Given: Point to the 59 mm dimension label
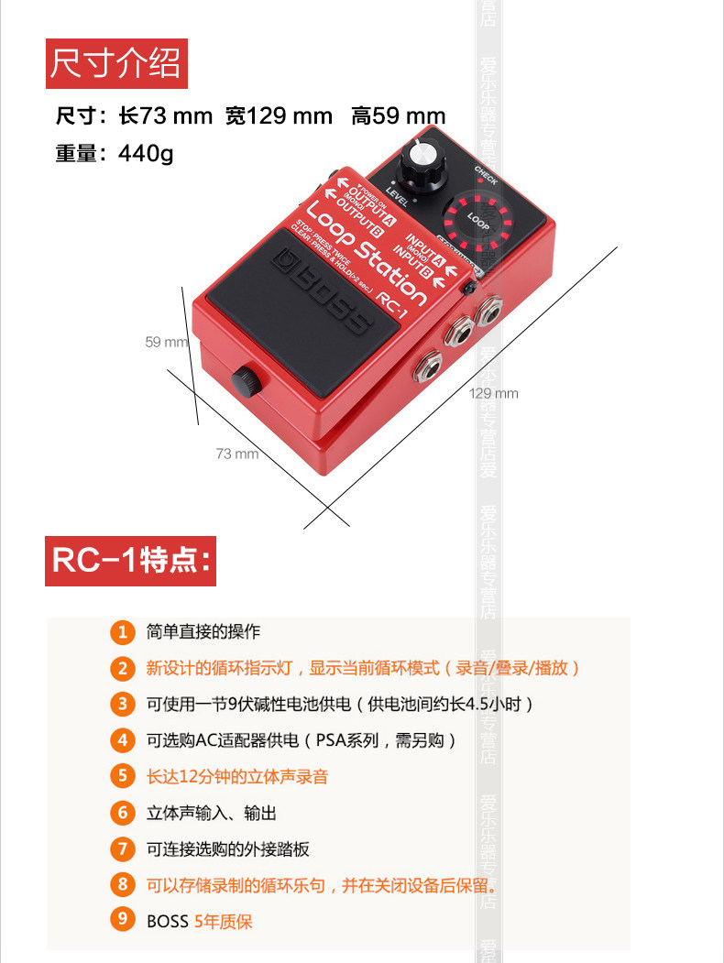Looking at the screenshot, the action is point(165,342).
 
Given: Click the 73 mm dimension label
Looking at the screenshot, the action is point(236,453).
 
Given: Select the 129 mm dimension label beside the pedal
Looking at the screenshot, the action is point(493,393).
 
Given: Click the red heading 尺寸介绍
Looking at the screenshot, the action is point(116,64).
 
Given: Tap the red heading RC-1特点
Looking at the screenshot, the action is point(131,561).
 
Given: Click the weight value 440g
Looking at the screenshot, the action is point(145,153).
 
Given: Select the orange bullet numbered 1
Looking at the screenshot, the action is point(122,632).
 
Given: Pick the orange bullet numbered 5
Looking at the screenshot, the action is point(122,776).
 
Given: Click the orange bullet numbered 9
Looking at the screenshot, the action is point(122,921).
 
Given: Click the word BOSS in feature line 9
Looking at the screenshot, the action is point(167,922).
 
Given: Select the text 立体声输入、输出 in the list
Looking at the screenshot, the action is point(212,813).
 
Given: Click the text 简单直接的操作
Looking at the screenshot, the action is point(203,632).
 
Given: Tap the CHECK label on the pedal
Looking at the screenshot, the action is point(485,175).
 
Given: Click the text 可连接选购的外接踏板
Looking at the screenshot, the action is point(228,849).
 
